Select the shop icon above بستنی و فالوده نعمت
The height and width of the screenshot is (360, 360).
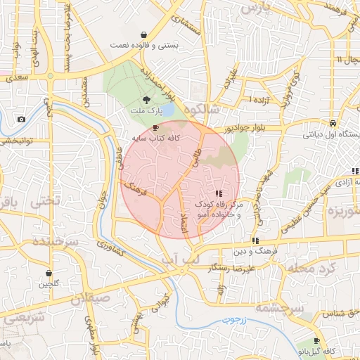click(143, 34)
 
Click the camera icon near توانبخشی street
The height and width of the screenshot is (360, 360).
click(21, 120)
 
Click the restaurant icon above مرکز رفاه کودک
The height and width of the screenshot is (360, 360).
click(219, 193)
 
